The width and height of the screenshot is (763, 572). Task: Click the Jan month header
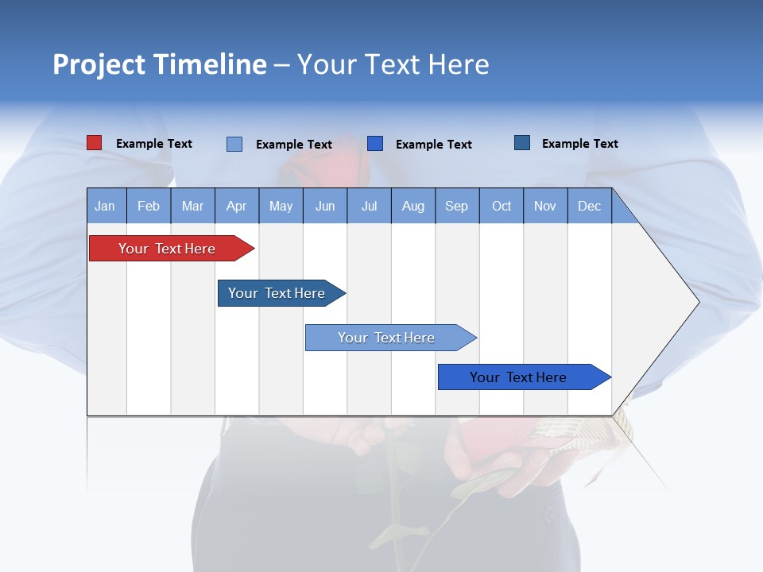tap(106, 206)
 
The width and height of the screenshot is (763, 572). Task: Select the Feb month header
tap(149, 206)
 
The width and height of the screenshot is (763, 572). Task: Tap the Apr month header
tap(237, 206)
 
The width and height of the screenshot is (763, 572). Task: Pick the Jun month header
tap(325, 206)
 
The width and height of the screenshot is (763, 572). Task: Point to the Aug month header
tap(413, 206)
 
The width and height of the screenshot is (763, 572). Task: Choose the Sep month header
tap(457, 206)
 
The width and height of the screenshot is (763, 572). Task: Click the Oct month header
tap(502, 206)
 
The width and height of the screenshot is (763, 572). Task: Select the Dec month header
tap(590, 206)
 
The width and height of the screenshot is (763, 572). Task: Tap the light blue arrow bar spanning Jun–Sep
tap(388, 338)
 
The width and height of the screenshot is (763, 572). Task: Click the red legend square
tap(95, 143)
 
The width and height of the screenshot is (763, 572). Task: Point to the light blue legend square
tap(234, 144)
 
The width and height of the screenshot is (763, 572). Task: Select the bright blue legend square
tap(375, 143)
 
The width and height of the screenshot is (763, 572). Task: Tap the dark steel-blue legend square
tap(522, 143)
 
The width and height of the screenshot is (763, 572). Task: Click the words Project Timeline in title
tap(159, 64)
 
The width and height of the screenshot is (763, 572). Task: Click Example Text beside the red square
tap(154, 144)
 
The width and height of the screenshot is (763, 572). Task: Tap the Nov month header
tap(545, 206)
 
